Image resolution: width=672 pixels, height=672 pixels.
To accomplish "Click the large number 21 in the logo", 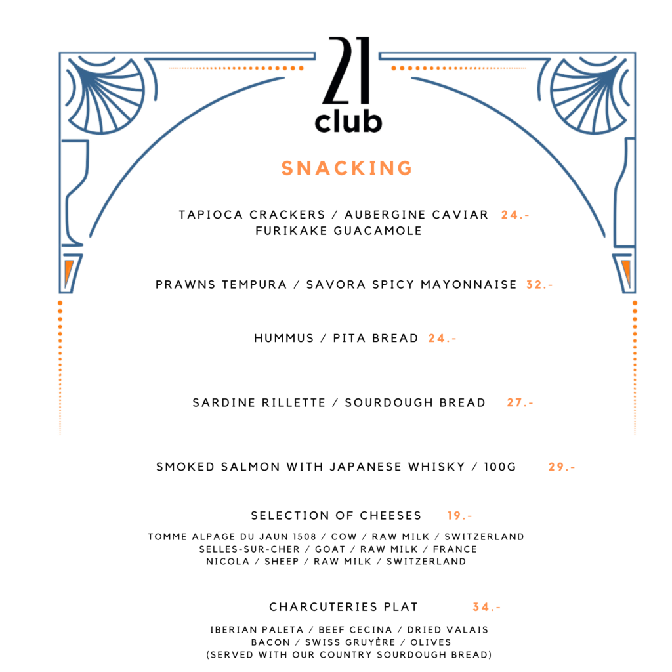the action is [x=346, y=71].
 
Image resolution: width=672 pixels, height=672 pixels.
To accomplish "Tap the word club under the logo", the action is [x=348, y=121].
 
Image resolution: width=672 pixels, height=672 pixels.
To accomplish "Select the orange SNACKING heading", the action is [x=346, y=168].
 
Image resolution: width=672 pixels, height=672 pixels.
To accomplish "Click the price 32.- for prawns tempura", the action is [x=539, y=285].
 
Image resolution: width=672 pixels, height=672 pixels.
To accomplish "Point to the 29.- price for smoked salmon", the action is [x=562, y=467].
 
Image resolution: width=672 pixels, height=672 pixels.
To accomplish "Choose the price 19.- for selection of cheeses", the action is [x=459, y=516].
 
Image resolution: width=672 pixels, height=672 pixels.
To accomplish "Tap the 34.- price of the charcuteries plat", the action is [x=486, y=607].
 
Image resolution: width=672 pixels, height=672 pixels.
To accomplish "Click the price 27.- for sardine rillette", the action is [x=520, y=402].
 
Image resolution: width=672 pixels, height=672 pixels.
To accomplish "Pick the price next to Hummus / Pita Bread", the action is [x=442, y=338].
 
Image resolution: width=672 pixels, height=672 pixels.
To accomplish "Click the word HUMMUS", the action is [x=283, y=338].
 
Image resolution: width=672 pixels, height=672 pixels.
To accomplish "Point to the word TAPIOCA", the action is [x=211, y=215].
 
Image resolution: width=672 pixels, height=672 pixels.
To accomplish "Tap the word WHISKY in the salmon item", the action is [x=436, y=467].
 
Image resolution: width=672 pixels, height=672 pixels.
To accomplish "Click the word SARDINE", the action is [x=224, y=402].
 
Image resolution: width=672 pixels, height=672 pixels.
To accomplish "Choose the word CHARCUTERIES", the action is [x=323, y=607].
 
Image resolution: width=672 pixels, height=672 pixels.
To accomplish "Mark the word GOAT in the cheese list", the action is [x=330, y=549].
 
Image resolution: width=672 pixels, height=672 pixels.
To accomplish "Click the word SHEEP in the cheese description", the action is [x=282, y=562].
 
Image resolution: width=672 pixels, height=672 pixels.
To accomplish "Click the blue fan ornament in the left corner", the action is [x=105, y=94].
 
